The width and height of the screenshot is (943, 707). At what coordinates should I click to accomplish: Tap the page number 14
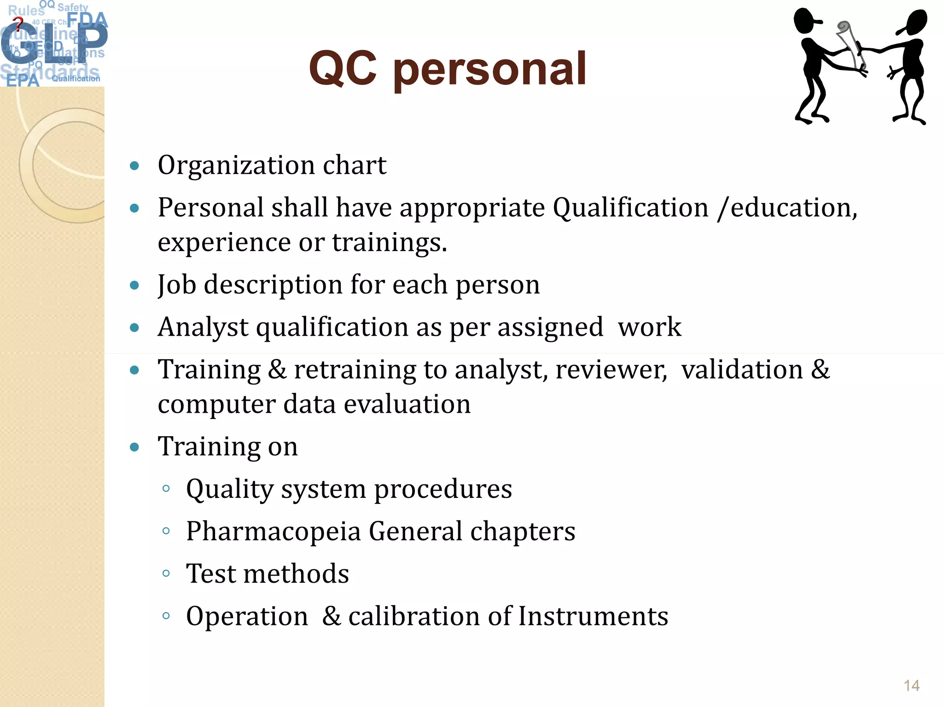pyautogui.click(x=911, y=685)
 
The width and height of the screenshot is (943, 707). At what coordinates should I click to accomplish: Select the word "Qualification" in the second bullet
pyautogui.click(x=630, y=208)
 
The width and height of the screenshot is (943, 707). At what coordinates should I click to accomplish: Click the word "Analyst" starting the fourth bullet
pyautogui.click(x=203, y=327)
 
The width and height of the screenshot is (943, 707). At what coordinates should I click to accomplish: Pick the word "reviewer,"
pyautogui.click(x=611, y=370)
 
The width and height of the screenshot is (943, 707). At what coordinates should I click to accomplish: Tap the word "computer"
pyautogui.click(x=216, y=404)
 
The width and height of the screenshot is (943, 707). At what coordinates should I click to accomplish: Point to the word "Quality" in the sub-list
pyautogui.click(x=230, y=489)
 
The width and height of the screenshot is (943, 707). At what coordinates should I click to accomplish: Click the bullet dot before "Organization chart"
pyautogui.click(x=134, y=166)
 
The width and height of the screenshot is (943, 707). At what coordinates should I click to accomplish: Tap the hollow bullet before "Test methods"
pyautogui.click(x=166, y=573)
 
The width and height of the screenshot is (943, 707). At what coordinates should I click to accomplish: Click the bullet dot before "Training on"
pyautogui.click(x=134, y=447)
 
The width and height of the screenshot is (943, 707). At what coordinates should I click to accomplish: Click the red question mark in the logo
pyautogui.click(x=18, y=23)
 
